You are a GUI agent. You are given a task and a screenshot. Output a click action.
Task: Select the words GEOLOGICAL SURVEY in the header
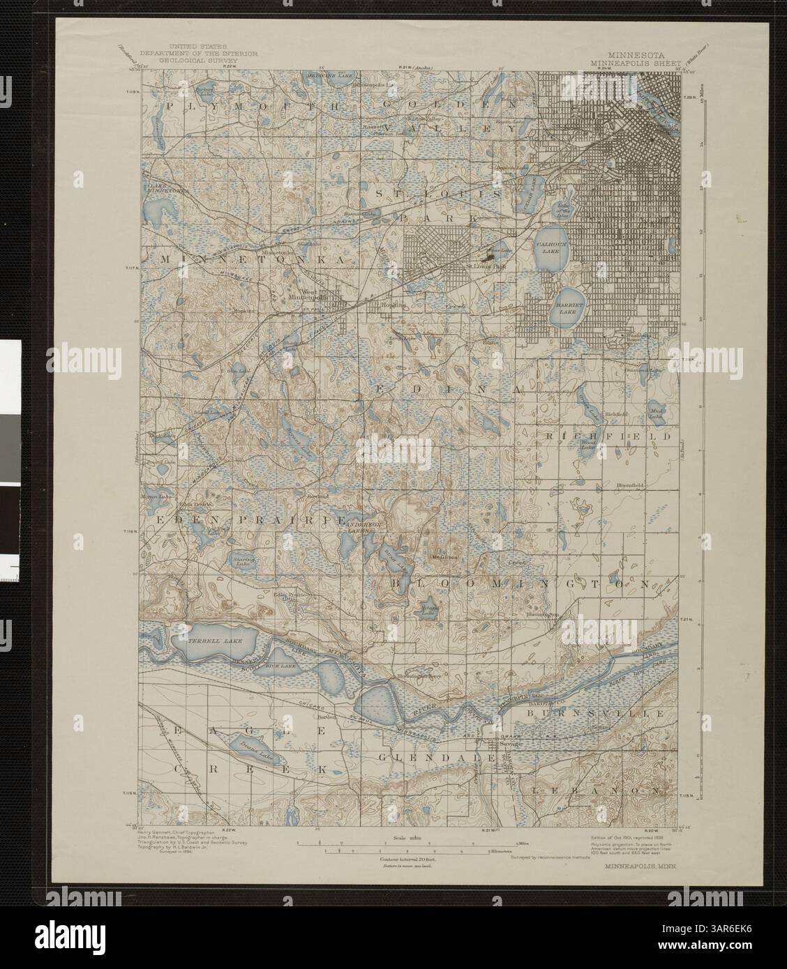point(188,61)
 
